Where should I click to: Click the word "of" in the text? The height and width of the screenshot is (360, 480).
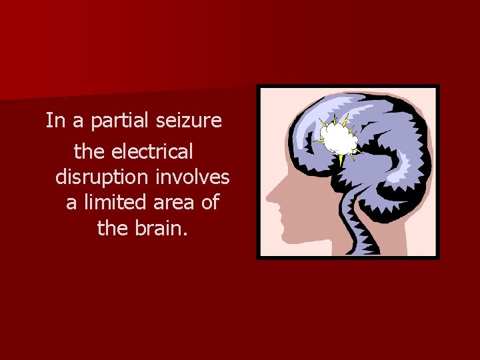tap(210, 202)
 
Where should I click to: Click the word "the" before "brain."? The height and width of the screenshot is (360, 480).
tap(112, 228)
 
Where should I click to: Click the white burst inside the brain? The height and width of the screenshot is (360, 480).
tap(339, 139)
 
